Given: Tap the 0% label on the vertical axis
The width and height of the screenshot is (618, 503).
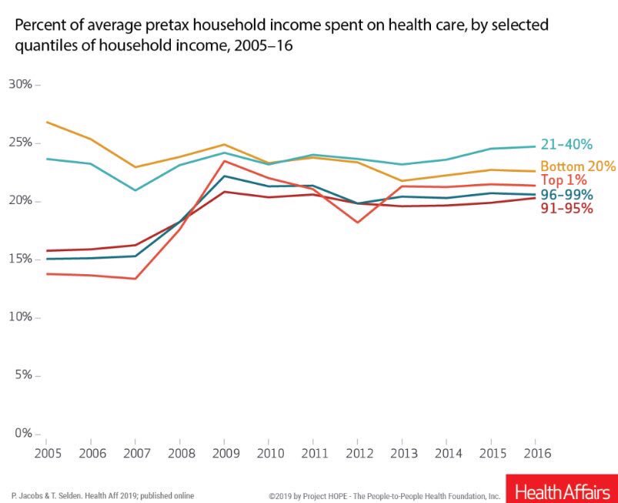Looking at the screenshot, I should (x=23, y=434).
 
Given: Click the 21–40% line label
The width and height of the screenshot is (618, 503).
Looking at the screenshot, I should (x=566, y=144).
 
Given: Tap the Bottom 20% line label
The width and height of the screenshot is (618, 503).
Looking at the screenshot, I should (x=578, y=166).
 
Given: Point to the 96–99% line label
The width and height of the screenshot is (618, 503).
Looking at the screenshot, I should (x=566, y=195).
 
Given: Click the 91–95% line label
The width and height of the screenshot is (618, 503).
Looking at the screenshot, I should (x=566, y=209).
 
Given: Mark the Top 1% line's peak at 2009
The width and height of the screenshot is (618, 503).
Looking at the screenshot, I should (x=224, y=161).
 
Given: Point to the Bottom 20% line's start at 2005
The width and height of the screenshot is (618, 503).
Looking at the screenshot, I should (x=46, y=122).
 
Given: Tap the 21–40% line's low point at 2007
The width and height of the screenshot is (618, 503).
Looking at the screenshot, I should (x=135, y=189).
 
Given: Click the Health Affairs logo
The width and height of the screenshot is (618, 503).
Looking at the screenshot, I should (x=562, y=490).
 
